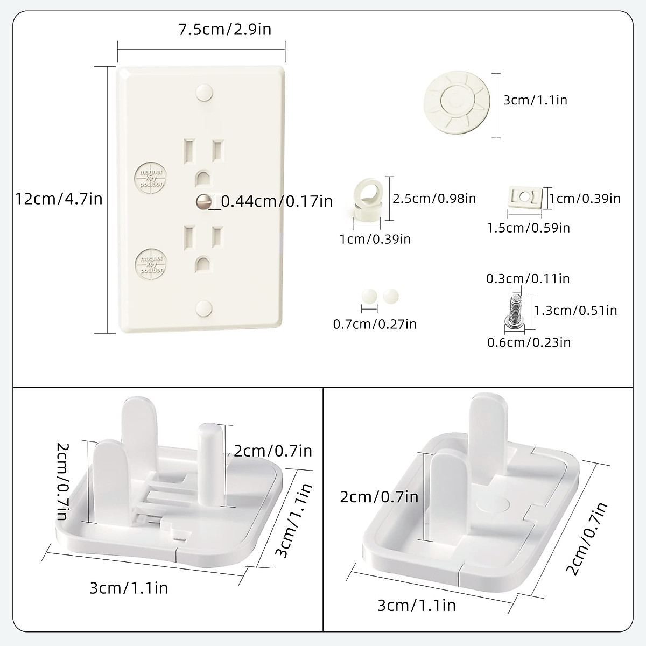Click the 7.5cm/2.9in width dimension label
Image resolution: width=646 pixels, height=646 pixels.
click(225, 29)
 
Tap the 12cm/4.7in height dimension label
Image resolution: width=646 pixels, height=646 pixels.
click(59, 199)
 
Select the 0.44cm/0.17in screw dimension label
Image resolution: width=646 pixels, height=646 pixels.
click(277, 201)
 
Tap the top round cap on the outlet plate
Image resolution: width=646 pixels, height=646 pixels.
click(204, 92)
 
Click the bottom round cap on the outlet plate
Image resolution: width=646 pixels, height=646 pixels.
click(204, 308)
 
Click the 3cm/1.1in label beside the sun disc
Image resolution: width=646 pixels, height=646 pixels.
click(536, 100)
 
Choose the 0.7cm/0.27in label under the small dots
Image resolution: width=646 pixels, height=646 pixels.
click(375, 324)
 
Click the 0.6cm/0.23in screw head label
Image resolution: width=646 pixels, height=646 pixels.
click(529, 342)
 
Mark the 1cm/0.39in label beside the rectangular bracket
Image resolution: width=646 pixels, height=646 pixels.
click(585, 198)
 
